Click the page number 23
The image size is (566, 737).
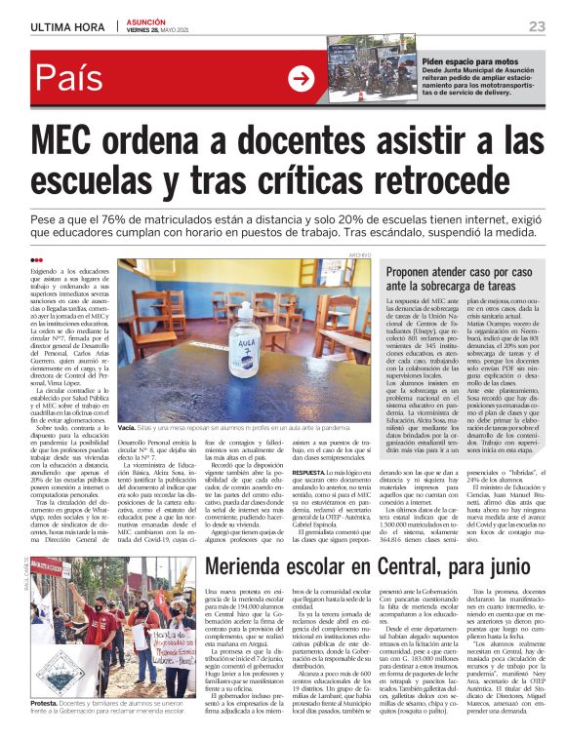coord(536,25)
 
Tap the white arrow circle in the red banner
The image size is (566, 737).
coord(301,80)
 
